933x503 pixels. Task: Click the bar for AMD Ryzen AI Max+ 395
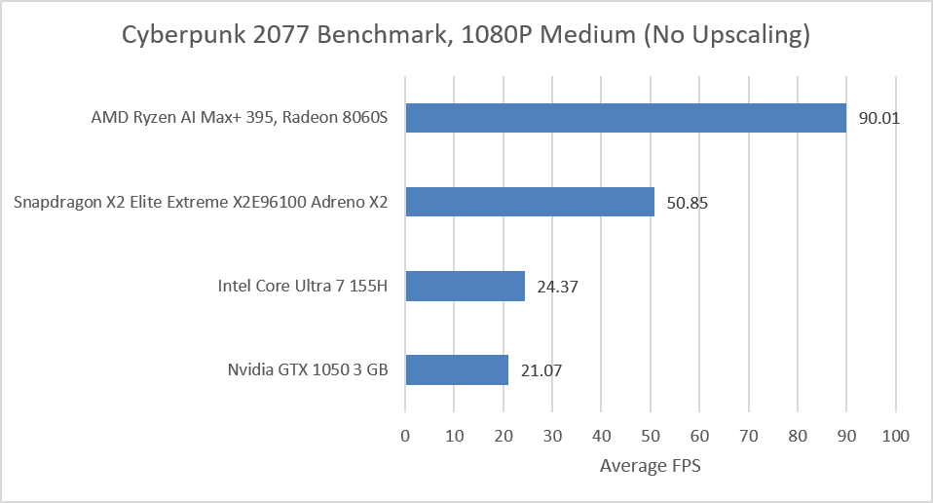[x=626, y=118]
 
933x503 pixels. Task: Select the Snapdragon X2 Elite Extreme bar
[x=530, y=202]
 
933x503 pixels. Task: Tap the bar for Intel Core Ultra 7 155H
[x=466, y=286]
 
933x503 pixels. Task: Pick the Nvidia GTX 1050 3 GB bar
[x=457, y=369]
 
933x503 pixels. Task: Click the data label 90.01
[x=878, y=118]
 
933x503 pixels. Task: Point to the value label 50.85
[x=688, y=203]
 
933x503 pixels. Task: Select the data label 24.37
[x=557, y=287]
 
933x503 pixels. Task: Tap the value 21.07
[x=541, y=370]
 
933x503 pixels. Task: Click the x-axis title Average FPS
[x=651, y=466]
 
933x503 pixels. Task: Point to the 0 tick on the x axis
[x=405, y=437]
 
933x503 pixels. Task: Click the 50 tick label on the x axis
[x=651, y=437]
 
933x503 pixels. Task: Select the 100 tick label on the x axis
[x=896, y=437]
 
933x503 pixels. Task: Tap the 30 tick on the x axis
[x=552, y=437]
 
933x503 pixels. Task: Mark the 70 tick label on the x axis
[x=749, y=437]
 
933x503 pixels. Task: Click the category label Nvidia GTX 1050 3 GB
[x=308, y=369]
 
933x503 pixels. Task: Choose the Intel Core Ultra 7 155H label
[x=302, y=286]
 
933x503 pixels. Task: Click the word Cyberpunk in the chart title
[x=183, y=35]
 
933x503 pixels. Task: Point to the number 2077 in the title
[x=280, y=34]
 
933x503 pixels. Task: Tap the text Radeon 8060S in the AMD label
[x=335, y=117]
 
